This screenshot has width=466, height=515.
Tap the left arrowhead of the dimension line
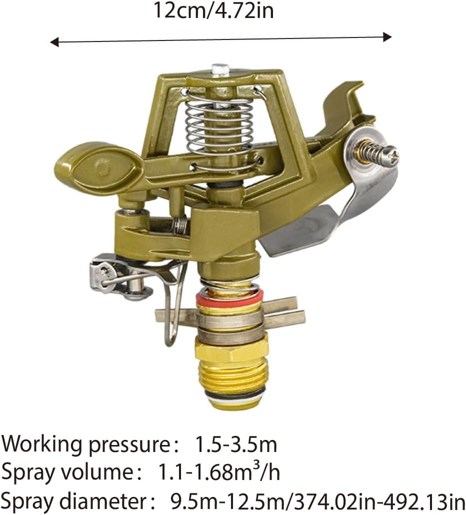(54, 42)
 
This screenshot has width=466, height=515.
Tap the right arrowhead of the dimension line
(387, 36)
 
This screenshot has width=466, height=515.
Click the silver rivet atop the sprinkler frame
(220, 69)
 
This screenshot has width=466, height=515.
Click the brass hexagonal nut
(231, 349)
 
